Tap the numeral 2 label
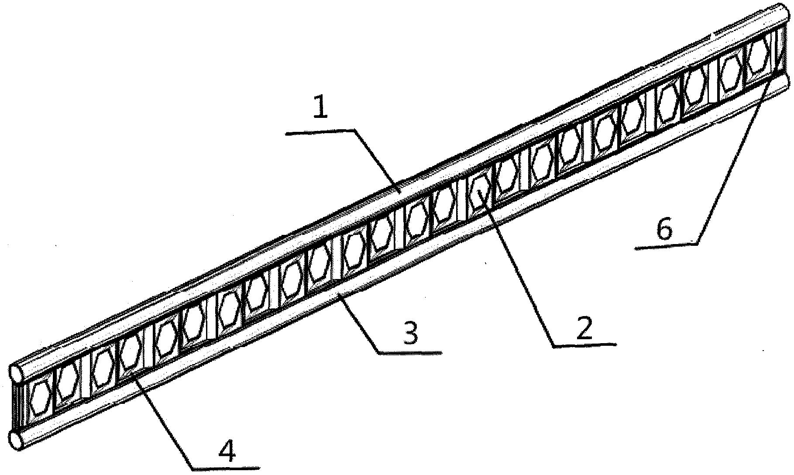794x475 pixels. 584,329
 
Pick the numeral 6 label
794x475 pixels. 664,230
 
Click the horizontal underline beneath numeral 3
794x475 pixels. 410,352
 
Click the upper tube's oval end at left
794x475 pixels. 17,373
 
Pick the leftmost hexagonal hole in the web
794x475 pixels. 40,398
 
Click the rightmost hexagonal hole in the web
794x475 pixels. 758,55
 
